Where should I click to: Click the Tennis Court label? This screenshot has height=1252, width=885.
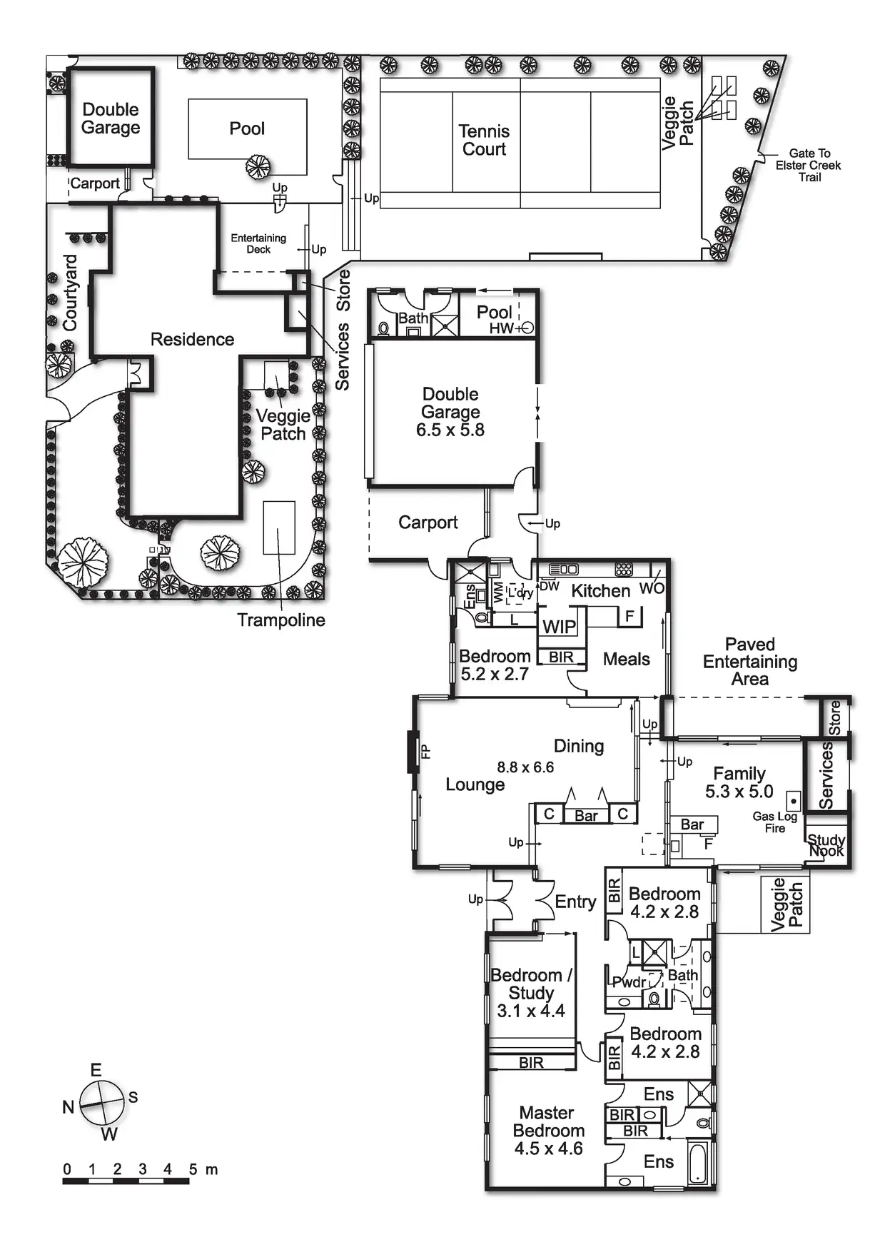484,140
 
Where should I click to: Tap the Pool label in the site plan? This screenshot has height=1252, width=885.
247,128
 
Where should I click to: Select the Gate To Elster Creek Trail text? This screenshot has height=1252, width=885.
809,165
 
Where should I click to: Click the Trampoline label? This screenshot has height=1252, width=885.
281,620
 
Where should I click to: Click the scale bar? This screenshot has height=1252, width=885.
126,1181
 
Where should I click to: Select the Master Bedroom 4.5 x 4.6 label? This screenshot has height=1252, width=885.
548,1131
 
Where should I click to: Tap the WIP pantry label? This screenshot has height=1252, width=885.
559,627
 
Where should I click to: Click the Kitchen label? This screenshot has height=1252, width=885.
601,591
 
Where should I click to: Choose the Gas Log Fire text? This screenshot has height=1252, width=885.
774,822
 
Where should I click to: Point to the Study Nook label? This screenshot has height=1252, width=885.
826,845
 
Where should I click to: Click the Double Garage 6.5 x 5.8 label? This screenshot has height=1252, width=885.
450,412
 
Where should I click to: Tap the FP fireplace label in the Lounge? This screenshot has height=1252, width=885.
425,751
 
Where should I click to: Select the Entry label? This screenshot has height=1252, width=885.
575,902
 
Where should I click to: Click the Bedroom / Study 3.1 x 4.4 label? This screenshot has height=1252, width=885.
531,993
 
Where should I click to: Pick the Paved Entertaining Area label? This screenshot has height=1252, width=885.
750,662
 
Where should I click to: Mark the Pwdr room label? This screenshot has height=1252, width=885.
629,982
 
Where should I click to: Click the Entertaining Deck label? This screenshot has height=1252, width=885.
258,243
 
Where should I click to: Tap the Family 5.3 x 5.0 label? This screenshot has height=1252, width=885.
739,782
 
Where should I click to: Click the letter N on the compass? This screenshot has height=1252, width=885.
69,1107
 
